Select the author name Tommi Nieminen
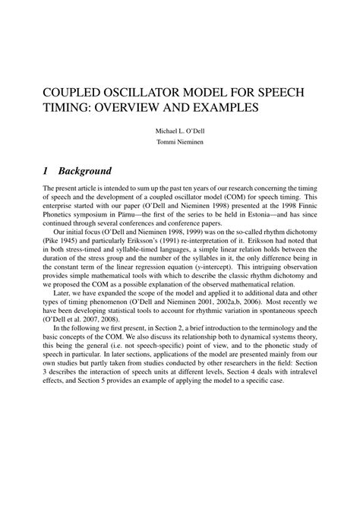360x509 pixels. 180,144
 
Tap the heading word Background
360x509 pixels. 86,171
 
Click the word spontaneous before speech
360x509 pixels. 287,342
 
